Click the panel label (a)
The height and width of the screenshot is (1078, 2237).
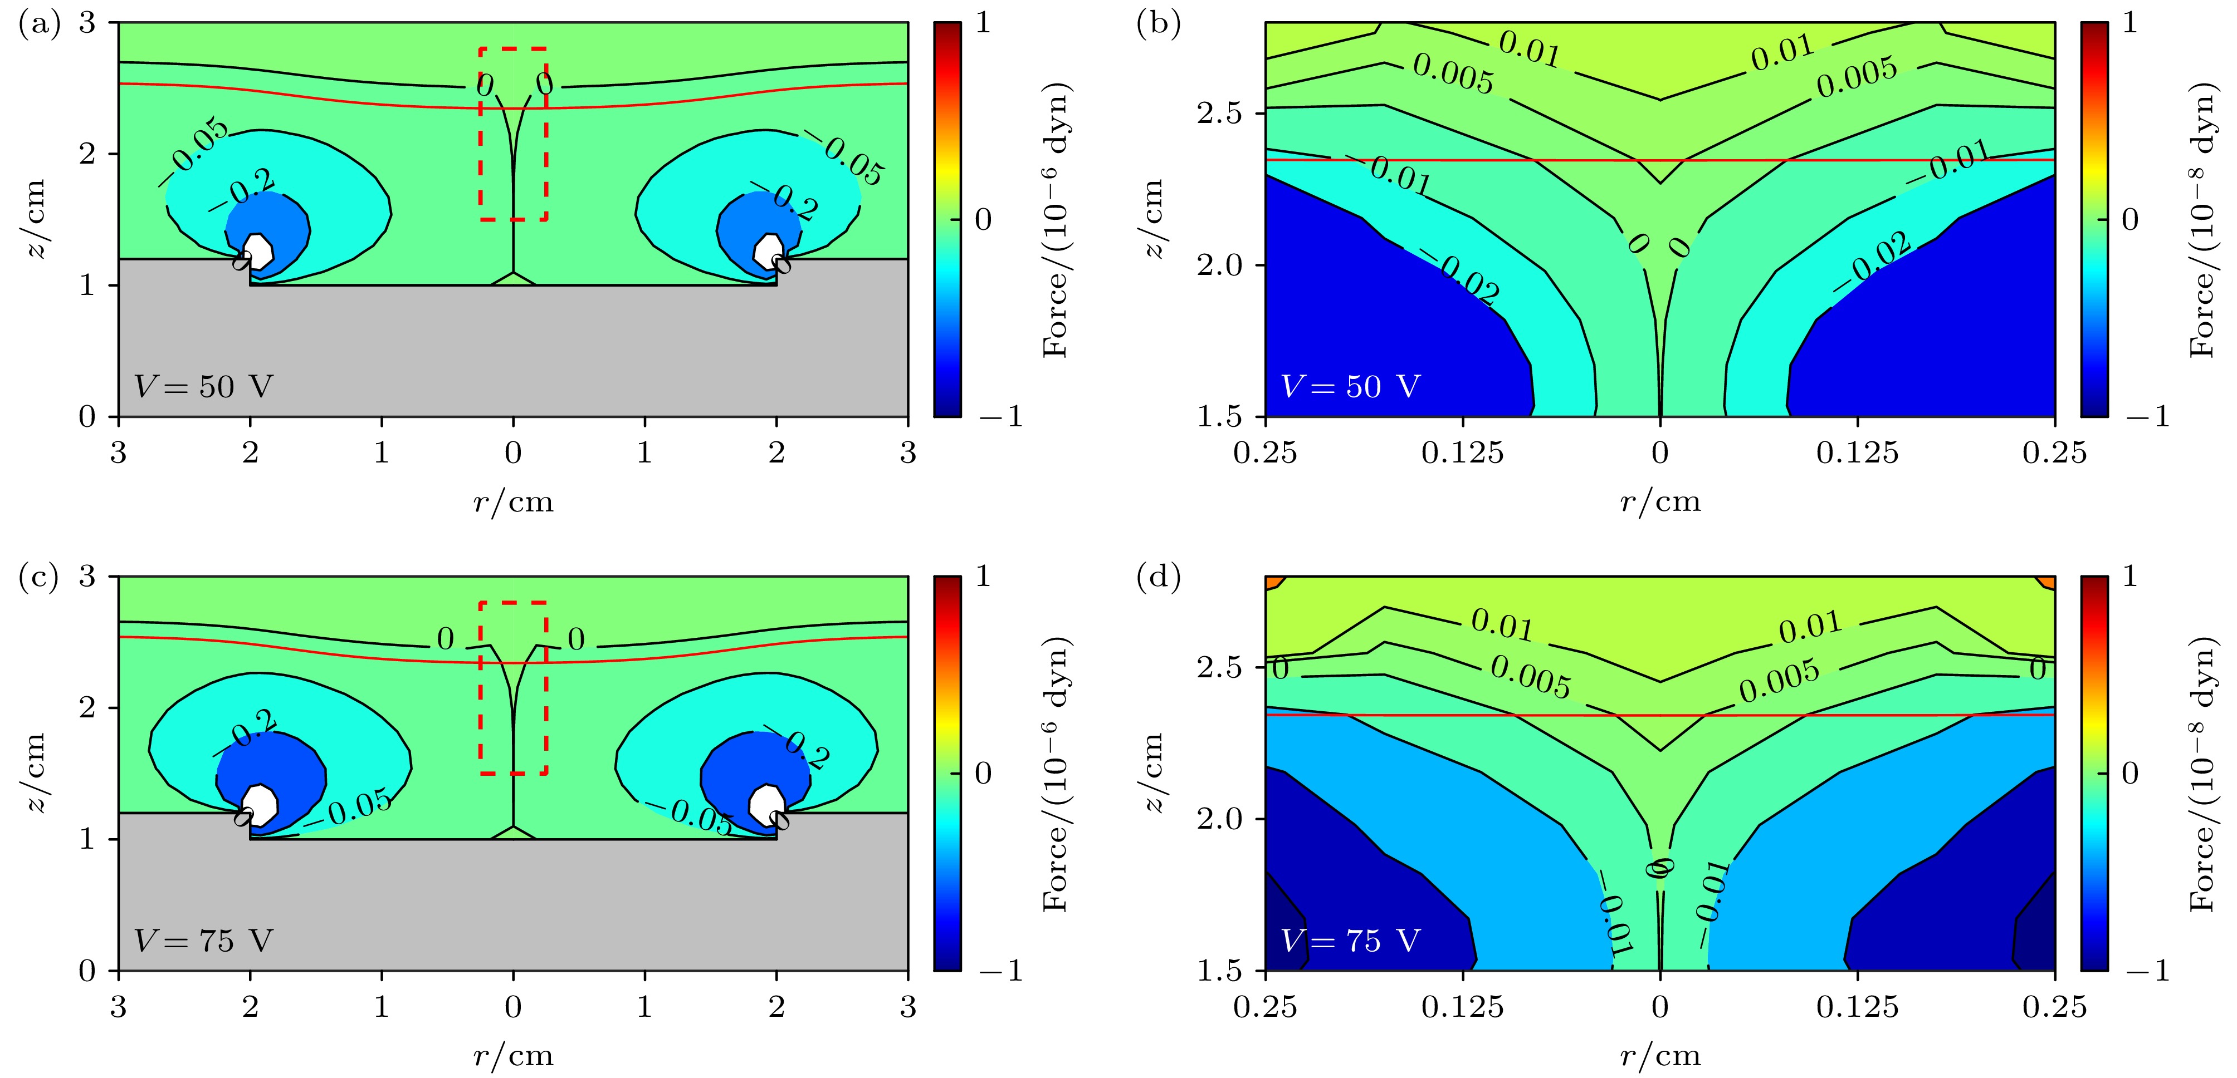(39, 23)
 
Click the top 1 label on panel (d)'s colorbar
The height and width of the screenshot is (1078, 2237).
(2129, 577)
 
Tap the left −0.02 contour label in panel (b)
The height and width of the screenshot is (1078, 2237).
(1468, 279)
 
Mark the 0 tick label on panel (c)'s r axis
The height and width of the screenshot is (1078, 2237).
(513, 1007)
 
